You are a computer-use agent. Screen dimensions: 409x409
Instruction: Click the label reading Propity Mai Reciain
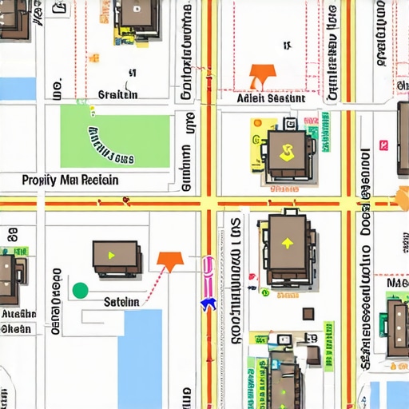point(70,180)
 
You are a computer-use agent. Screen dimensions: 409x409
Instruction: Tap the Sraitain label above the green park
point(117,94)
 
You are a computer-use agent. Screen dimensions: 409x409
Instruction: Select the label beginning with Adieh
point(272,98)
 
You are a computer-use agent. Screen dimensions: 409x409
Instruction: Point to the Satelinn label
point(121,302)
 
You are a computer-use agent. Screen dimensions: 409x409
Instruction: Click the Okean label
point(16,328)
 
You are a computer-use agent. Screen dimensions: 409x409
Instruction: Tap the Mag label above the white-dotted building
point(397,282)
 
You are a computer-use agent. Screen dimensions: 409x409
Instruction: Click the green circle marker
point(80,290)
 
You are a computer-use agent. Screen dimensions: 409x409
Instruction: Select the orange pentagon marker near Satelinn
point(169,259)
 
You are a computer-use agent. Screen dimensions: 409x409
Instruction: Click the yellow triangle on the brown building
point(112,255)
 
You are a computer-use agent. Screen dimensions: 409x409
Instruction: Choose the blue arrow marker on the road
point(208,303)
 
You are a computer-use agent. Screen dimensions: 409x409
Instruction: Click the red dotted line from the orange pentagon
point(157,279)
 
